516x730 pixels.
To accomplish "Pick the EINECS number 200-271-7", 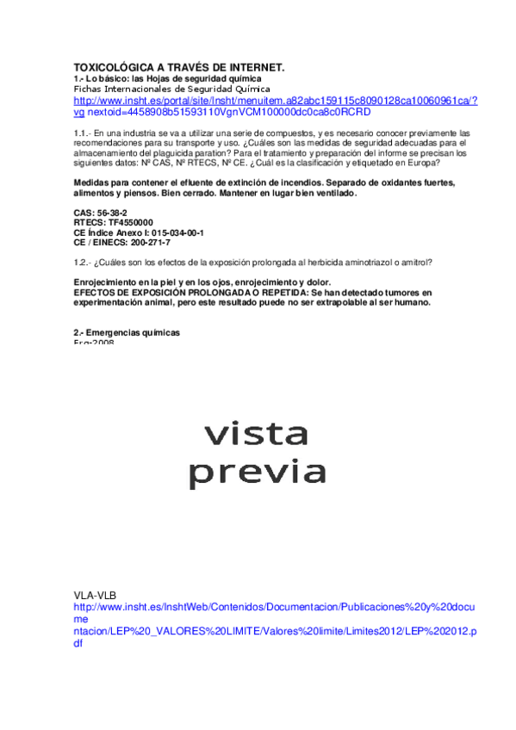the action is pyautogui.click(x=146, y=243).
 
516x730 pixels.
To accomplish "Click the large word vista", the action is pyautogui.click(x=256, y=433).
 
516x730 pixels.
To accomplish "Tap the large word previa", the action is pyautogui.click(x=258, y=472).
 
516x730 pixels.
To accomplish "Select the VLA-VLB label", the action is pyautogui.click(x=96, y=595).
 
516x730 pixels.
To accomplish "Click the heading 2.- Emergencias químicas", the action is pyautogui.click(x=127, y=332).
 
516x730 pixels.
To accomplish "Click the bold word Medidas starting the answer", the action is pyautogui.click(x=90, y=183).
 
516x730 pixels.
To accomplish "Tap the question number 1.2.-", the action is pyautogui.click(x=82, y=262).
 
